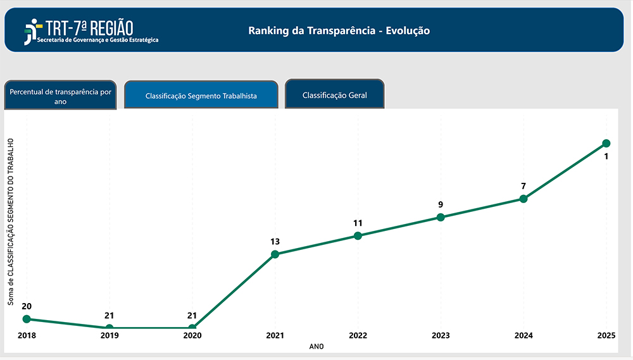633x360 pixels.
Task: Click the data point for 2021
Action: pyautogui.click(x=275, y=254)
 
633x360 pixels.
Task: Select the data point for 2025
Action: pyautogui.click(x=606, y=143)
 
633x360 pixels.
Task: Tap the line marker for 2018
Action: pyautogui.click(x=27, y=319)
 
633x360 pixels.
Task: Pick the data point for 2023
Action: pyautogui.click(x=441, y=217)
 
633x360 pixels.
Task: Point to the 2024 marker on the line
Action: pyautogui.click(x=523, y=199)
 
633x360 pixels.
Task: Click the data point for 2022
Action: pyautogui.click(x=358, y=235)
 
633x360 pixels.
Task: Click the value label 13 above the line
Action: pyautogui.click(x=275, y=242)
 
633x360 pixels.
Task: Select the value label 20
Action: pyautogui.click(x=27, y=306)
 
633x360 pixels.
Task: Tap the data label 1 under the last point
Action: pyautogui.click(x=606, y=156)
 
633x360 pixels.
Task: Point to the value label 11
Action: pyautogui.click(x=358, y=223)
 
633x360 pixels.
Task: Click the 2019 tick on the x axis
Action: pyautogui.click(x=110, y=335)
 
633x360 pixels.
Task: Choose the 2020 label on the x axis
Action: pyautogui.click(x=192, y=335)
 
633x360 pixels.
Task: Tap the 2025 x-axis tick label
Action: pyautogui.click(x=606, y=335)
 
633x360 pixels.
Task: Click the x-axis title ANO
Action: pyautogui.click(x=316, y=347)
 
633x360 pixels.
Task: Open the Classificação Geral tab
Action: pyautogui.click(x=334, y=96)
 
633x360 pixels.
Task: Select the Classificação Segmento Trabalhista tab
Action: pyautogui.click(x=201, y=96)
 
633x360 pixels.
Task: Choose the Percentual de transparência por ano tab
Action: pyautogui.click(x=61, y=96)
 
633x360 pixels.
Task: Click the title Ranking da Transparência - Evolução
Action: pyautogui.click(x=339, y=30)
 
